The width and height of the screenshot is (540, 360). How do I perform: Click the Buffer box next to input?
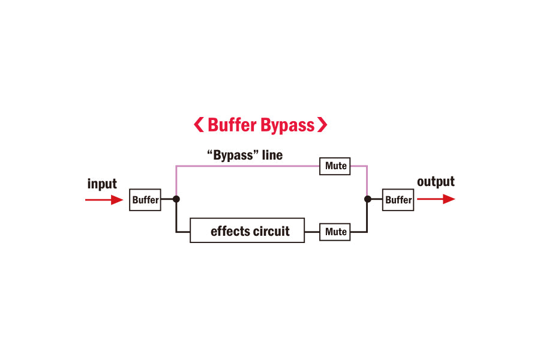tap(145, 200)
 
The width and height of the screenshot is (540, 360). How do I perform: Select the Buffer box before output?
tap(398, 200)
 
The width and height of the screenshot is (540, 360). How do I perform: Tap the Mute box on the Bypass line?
tap(335, 166)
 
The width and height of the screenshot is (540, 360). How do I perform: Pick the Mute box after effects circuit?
tap(335, 232)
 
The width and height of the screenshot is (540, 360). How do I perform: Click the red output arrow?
tap(436, 199)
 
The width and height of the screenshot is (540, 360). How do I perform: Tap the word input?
tap(102, 184)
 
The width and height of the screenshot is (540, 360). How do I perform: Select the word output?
tap(436, 182)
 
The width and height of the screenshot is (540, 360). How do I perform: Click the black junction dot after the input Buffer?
tap(176, 199)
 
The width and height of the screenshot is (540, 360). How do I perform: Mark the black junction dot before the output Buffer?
tap(367, 199)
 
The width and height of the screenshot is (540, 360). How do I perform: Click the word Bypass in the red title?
tap(288, 125)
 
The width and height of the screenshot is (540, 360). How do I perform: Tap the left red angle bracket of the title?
tap(199, 125)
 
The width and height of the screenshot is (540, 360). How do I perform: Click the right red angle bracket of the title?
tap(323, 125)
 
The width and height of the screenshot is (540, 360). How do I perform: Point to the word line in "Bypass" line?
tap(272, 155)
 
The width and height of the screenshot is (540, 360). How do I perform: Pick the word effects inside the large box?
tap(229, 231)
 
